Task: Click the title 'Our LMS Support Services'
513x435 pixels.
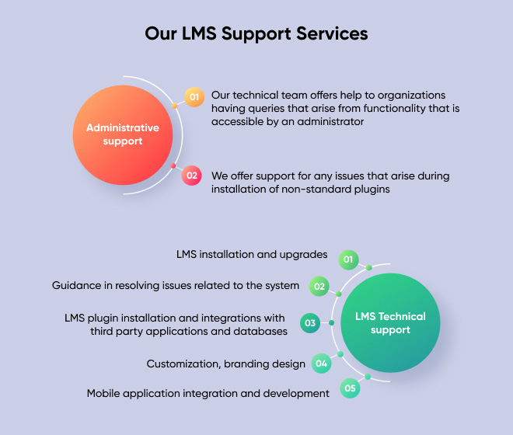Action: pos(256,34)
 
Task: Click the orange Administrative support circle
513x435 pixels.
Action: pos(123,134)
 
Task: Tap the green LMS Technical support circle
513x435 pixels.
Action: pos(390,323)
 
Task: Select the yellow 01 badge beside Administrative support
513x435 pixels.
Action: pos(194,97)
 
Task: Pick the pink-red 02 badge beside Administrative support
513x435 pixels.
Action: pos(191,176)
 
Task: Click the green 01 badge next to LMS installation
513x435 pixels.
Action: pos(348,259)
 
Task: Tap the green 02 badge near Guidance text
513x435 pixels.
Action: pos(319,286)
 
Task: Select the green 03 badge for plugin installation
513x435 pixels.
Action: pos(310,323)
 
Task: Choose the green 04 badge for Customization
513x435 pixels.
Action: pos(321,363)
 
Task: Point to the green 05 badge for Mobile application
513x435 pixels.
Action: pos(351,388)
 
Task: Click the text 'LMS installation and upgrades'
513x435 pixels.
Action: pos(252,255)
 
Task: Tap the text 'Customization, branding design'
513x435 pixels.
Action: pos(226,364)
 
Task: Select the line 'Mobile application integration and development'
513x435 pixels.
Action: pos(208,393)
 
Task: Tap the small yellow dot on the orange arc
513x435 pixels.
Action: pos(174,105)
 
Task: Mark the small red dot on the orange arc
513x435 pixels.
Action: pos(173,165)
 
